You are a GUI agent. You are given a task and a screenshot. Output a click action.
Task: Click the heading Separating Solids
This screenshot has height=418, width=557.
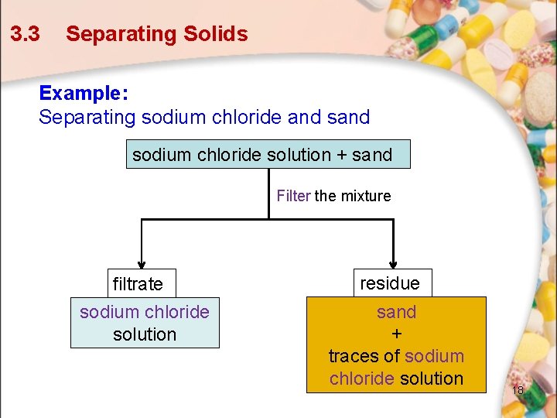coord(156,34)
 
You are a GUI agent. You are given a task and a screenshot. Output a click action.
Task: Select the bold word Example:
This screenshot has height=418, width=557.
coord(84,93)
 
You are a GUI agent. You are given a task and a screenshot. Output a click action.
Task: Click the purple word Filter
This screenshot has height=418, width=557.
coord(293,196)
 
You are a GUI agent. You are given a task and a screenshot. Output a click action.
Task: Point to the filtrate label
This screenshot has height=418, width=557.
coord(138,284)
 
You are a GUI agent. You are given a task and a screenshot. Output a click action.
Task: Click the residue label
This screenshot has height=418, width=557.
coord(389,283)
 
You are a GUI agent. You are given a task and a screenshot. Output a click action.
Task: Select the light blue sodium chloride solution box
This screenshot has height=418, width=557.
coord(145,323)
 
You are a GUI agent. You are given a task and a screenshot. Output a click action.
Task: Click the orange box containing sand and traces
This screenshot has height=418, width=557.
coord(396,345)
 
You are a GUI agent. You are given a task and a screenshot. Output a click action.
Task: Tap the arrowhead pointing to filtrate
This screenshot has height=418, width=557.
coord(141,261)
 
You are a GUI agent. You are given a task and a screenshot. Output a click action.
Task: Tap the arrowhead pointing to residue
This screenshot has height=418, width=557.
coord(394,261)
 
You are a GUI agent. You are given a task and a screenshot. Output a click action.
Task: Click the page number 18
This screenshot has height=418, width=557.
coord(518,390)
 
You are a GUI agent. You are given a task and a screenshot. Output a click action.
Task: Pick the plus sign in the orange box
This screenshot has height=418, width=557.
coord(396,334)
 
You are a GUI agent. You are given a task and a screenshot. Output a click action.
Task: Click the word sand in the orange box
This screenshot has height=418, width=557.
coord(396,312)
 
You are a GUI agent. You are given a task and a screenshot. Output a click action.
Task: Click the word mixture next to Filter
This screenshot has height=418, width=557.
coord(366,196)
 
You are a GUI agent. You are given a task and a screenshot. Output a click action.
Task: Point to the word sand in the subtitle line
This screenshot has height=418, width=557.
coord(349,118)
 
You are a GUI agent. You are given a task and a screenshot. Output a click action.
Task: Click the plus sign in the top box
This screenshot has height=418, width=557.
coord(341,155)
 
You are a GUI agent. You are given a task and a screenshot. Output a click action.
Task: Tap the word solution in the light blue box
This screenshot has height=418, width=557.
coord(145,334)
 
